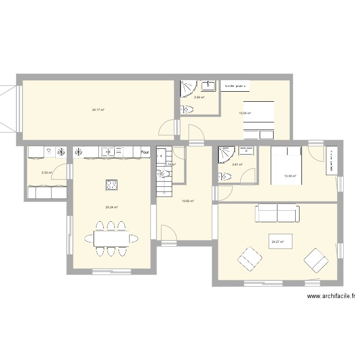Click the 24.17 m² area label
(x=98, y=110)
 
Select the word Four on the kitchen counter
(x=144, y=153)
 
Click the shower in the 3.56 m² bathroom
(x=188, y=87)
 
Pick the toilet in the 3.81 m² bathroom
(x=224, y=177)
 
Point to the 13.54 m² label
(x=245, y=113)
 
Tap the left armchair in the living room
(x=250, y=259)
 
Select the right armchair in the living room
(x=315, y=260)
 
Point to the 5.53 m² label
(x=47, y=173)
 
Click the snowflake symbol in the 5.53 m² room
(x=61, y=152)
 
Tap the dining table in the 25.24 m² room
(x=111, y=238)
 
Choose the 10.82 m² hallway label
(x=187, y=201)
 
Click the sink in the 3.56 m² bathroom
(x=208, y=86)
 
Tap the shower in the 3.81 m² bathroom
(x=226, y=154)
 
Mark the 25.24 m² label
(x=112, y=207)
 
